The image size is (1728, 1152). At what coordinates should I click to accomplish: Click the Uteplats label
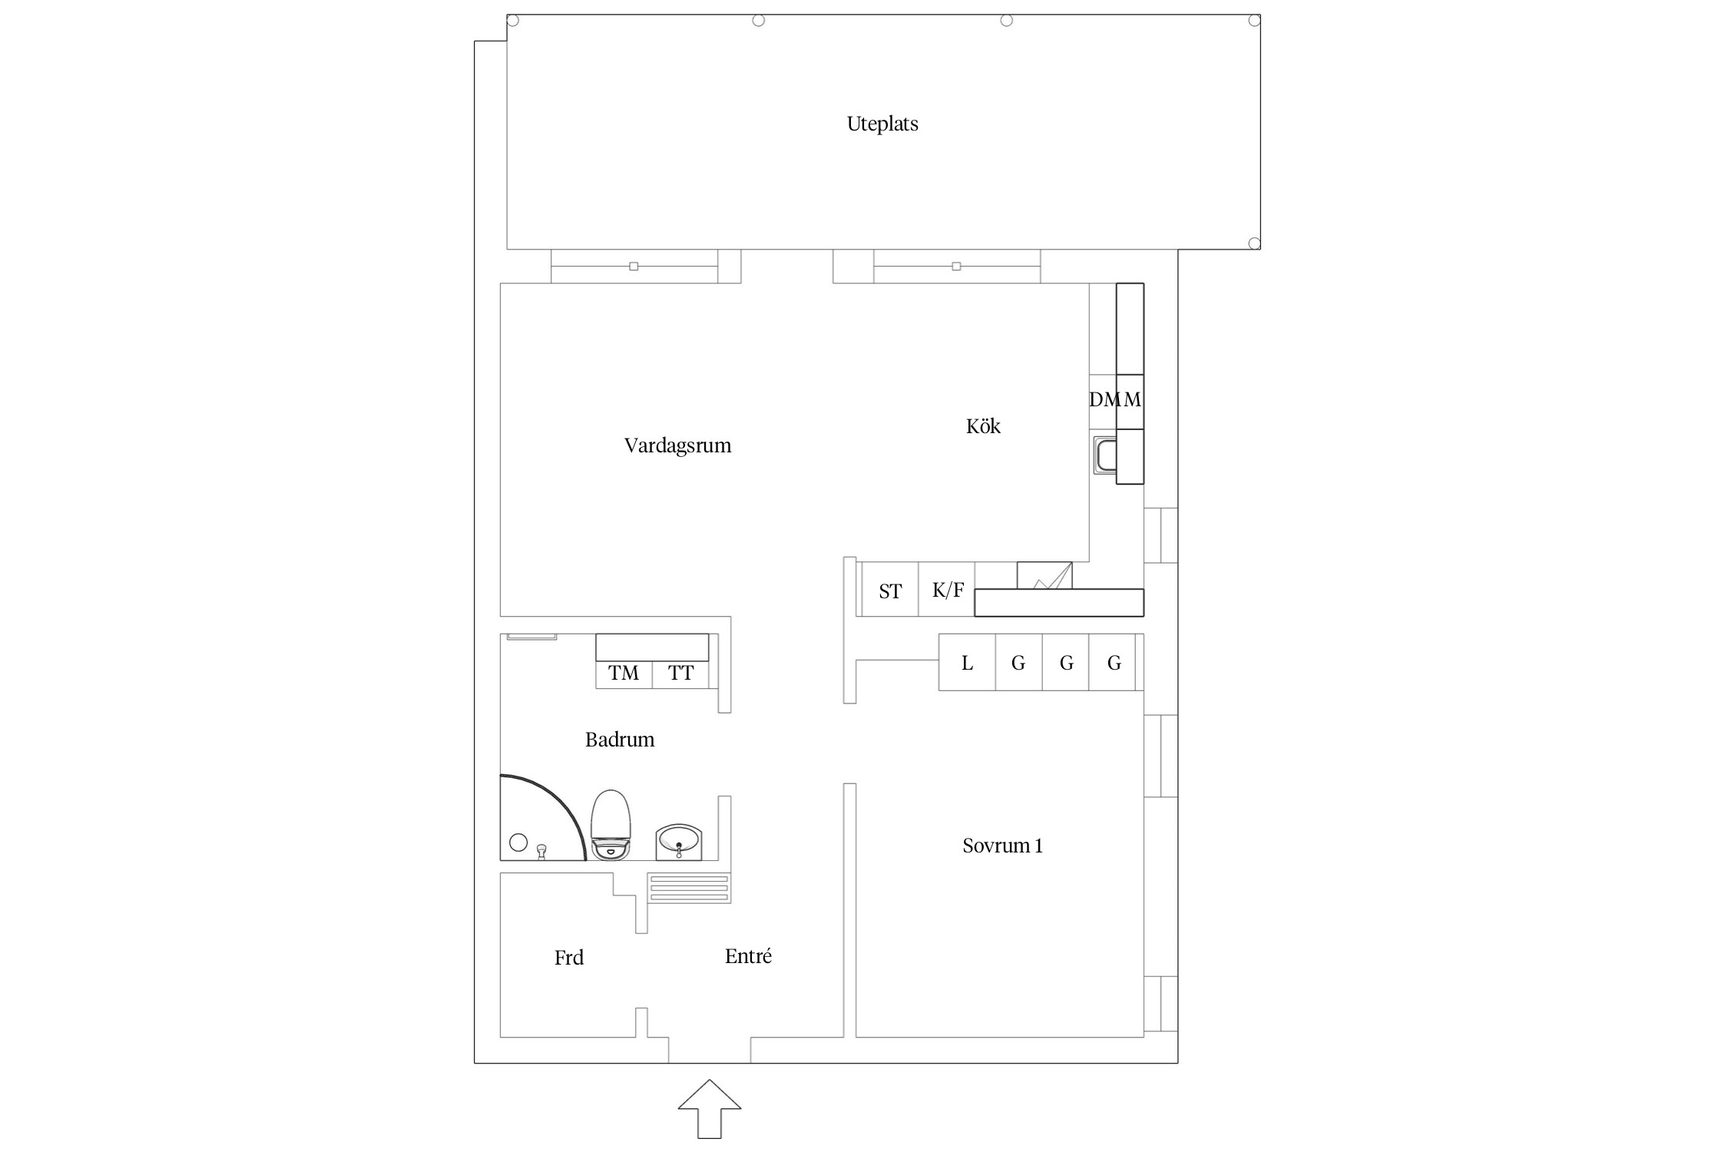882,124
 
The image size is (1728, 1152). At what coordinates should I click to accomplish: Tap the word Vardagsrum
677,446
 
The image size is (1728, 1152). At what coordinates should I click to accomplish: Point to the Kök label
983,426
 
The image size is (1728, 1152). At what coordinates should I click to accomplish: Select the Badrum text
620,740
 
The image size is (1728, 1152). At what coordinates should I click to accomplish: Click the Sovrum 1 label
1002,846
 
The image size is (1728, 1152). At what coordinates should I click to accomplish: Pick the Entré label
748,956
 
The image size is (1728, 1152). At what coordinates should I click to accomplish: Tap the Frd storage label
569,958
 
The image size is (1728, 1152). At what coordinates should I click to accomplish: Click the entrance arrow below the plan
710,1109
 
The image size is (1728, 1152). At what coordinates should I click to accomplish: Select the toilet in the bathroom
611,825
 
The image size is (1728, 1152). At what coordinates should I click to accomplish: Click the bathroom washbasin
679,842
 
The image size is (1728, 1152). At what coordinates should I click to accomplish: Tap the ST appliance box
890,589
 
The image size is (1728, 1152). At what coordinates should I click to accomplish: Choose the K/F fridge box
947,589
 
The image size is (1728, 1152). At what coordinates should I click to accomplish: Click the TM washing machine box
624,674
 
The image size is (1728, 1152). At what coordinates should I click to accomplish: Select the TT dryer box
680,674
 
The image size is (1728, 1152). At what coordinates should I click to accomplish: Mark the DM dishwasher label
1104,399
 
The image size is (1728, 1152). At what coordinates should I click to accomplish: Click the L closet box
967,662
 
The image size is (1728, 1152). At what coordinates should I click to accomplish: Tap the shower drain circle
518,842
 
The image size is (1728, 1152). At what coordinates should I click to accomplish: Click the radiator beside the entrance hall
689,889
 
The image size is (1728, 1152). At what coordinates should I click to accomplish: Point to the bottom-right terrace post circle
1254,243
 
